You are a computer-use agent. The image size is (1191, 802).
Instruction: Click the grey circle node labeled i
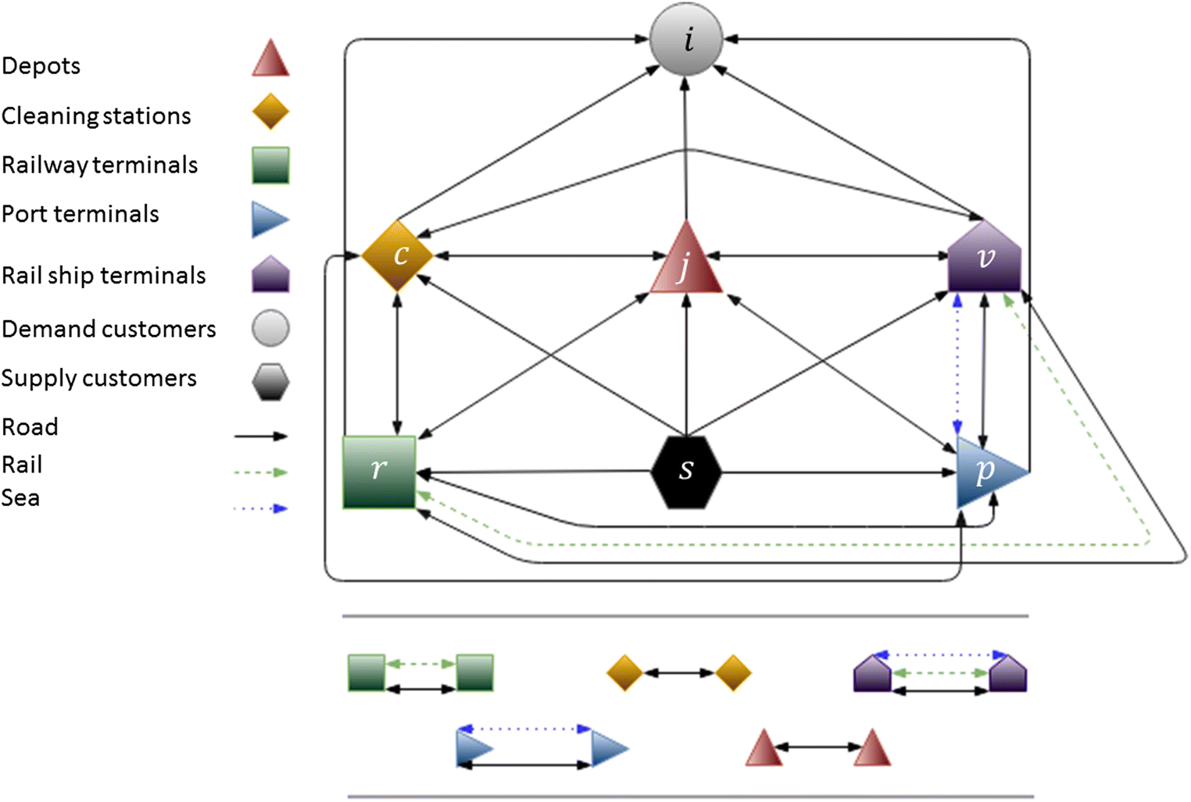686,39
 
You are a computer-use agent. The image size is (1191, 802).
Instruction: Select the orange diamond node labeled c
398,255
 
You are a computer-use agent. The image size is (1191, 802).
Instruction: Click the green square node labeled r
379,472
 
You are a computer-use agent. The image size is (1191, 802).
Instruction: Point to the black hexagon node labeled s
686,472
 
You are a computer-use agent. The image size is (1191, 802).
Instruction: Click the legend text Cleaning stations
96,116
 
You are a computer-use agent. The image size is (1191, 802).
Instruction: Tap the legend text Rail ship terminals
103,276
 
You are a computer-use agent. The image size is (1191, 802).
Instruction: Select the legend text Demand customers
109,329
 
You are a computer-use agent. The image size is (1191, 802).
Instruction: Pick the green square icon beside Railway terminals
270,166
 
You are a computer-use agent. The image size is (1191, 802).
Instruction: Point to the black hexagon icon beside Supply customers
270,381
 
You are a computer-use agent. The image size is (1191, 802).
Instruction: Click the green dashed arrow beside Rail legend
261,472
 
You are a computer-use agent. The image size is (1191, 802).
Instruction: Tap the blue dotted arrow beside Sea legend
261,508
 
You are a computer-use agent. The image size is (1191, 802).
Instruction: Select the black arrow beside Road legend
261,436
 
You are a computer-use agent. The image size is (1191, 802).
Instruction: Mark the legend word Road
30,427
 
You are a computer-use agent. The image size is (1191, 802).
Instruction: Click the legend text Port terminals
80,214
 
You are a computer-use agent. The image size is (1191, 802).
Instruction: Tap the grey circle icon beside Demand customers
270,328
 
